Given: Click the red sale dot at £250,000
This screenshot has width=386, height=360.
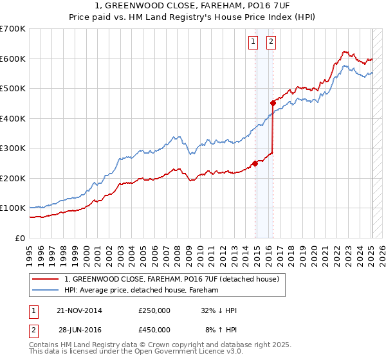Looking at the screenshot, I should [255, 163].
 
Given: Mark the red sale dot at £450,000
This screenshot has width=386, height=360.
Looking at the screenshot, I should [273, 103].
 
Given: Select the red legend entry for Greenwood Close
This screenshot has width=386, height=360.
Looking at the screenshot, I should [171, 279].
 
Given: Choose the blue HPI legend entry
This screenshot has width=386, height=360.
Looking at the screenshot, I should [142, 290].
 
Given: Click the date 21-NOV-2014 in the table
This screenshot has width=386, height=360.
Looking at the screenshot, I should [79, 310].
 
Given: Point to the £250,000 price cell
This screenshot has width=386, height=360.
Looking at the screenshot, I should [154, 310].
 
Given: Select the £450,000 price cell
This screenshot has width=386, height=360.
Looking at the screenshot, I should [154, 329].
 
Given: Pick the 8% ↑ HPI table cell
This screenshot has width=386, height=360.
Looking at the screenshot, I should [221, 329].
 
